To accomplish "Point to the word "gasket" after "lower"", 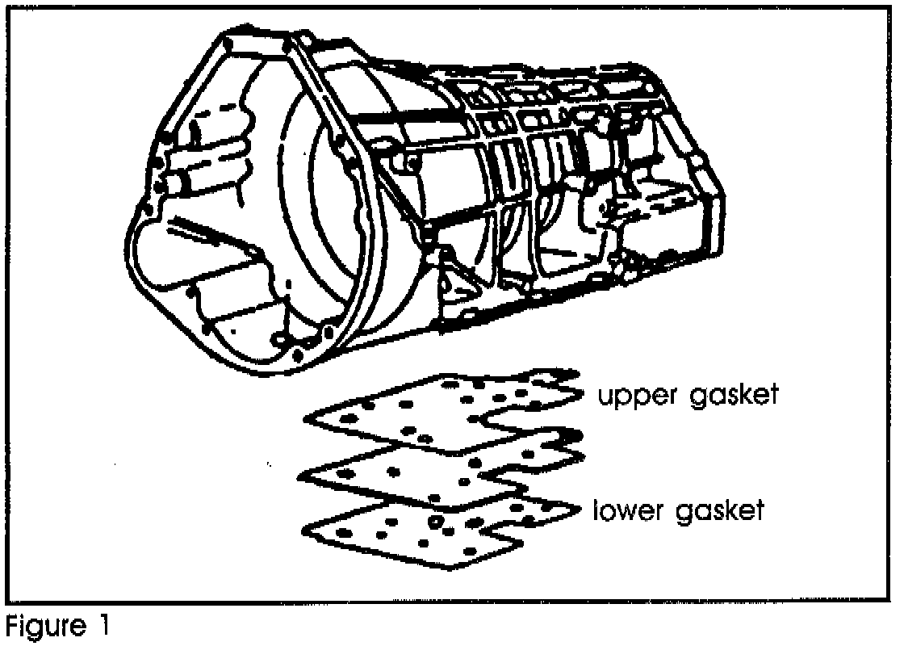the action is (x=718, y=513).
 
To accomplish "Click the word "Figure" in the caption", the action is (x=44, y=627).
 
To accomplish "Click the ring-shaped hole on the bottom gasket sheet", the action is (x=437, y=522).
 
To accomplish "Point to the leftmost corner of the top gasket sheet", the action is (x=306, y=418).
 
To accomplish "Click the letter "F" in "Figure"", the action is (x=12, y=626).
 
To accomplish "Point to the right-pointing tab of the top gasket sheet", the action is (x=578, y=392).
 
